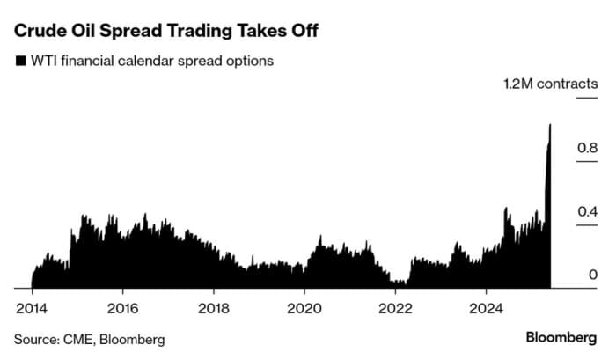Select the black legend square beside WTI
coord(19,62)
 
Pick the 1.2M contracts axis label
coord(550,85)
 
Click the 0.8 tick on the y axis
coord(587,148)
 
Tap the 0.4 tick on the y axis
coord(587,211)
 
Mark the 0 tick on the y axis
coord(592,275)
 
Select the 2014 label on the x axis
coord(32,309)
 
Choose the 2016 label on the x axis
coord(122,309)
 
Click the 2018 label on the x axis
coord(213,309)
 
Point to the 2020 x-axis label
coord(304,309)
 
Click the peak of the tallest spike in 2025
coord(550,125)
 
